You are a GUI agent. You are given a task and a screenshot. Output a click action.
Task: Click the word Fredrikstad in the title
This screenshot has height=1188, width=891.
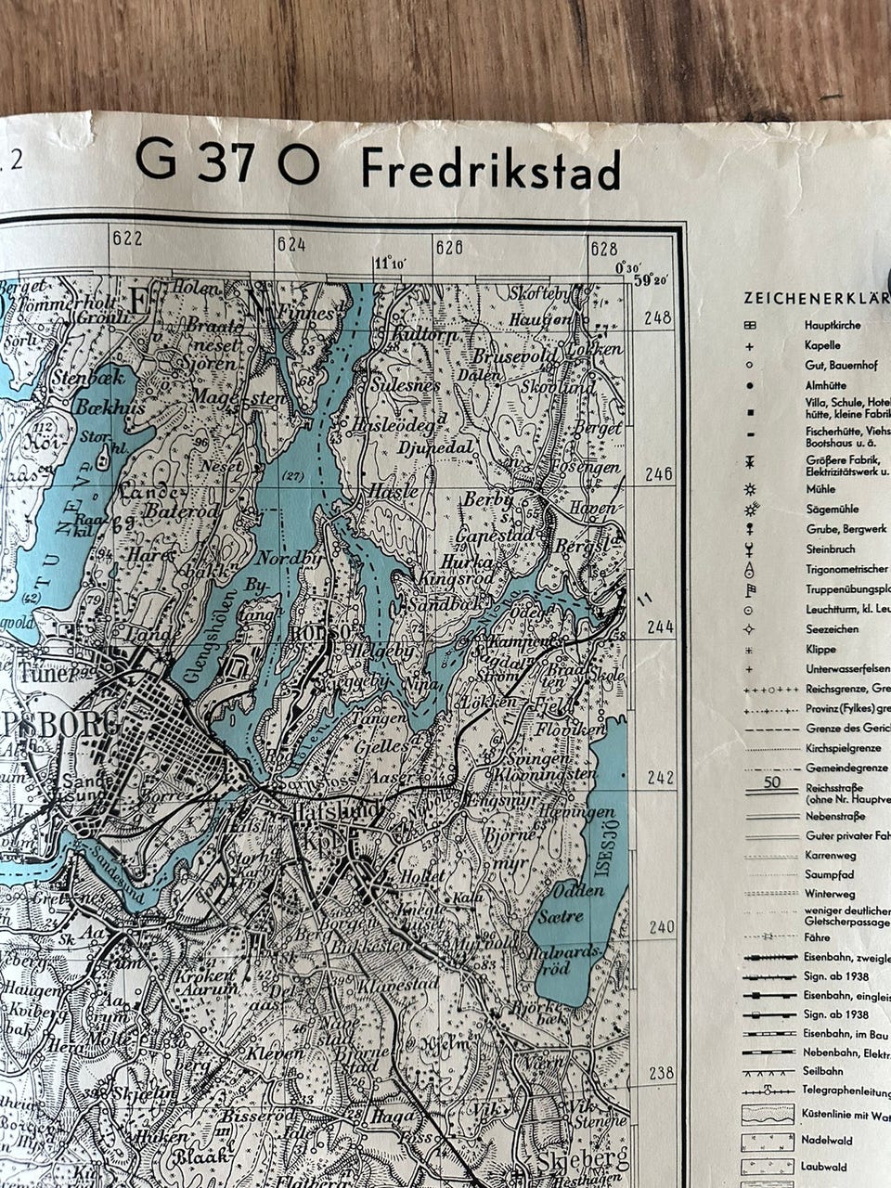[x=490, y=169]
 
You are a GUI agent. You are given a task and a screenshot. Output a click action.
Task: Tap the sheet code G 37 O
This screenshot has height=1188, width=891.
[x=227, y=161]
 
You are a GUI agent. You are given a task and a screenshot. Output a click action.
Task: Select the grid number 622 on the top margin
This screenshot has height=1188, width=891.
[x=127, y=239]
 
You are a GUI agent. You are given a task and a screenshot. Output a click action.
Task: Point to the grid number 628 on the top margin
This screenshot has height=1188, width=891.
[x=603, y=248]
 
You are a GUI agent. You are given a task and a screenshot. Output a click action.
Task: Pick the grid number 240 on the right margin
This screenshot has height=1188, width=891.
[x=661, y=927]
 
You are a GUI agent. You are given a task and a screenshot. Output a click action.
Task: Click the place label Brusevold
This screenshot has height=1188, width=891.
[x=513, y=356]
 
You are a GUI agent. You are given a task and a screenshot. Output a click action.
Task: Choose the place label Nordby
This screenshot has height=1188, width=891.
[x=290, y=560]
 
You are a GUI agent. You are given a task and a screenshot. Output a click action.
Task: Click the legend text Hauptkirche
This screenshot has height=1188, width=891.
[x=832, y=326]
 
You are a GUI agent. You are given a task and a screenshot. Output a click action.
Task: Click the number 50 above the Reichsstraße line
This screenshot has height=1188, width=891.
[x=771, y=781]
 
